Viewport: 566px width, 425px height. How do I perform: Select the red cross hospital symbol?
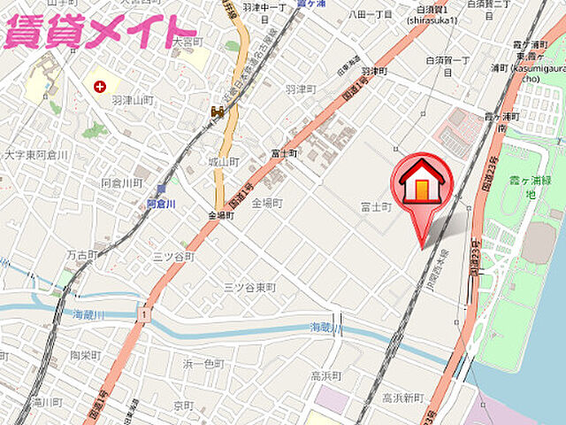coord(100,87)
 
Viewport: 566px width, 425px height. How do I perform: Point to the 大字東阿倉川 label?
coord(35,154)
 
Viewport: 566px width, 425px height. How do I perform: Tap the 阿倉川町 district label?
coord(122,183)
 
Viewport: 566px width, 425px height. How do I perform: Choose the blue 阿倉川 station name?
coord(162,204)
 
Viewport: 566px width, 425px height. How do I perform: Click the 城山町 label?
coord(224,162)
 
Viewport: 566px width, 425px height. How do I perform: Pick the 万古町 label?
coord(82,254)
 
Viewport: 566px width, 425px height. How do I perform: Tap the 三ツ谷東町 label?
coord(249,288)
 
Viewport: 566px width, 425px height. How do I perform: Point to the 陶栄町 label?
coord(87,355)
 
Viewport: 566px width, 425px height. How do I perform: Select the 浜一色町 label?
coord(204,364)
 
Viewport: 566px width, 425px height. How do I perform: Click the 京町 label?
coord(183,405)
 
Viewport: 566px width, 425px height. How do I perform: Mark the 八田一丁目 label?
coord(370,15)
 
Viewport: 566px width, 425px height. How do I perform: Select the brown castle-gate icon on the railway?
coord(217,112)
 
